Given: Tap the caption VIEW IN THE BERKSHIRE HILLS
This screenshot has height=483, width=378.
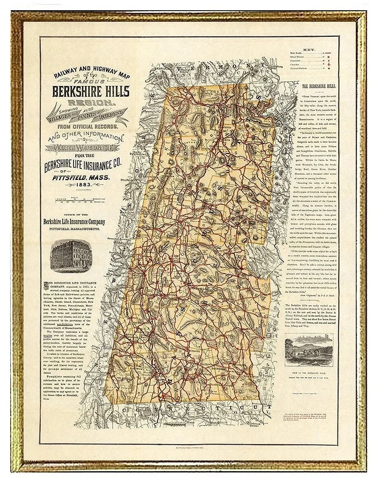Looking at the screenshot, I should click(x=309, y=372).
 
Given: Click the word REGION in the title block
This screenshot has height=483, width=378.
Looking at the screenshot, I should click(x=89, y=102).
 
